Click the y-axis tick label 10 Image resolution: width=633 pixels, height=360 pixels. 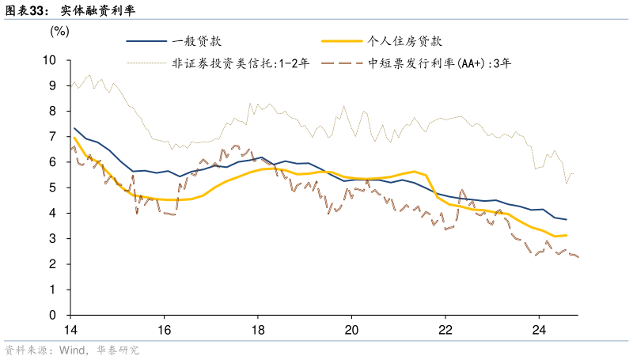49,60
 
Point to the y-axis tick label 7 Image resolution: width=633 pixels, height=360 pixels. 53,137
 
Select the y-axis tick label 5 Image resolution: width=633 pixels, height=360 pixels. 53,188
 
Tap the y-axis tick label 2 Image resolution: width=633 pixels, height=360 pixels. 53,264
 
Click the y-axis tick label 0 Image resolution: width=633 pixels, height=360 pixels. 53,315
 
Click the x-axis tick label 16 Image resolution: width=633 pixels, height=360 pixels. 164,330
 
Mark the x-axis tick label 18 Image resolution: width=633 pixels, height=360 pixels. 258,330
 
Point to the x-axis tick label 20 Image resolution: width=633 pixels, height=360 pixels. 351,330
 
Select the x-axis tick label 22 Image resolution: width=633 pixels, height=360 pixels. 445,330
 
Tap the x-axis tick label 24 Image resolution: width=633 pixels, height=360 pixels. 538,330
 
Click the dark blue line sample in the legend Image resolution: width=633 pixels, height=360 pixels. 146,41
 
